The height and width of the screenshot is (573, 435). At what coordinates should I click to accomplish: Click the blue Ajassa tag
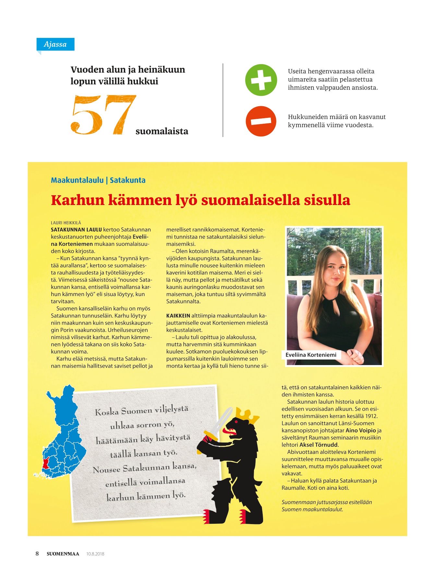tap(55, 44)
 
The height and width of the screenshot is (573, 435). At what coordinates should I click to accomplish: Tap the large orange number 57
tap(103, 115)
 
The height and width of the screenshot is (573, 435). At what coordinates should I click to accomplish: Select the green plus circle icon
tap(261, 80)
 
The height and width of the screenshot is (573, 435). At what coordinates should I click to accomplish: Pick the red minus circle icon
tap(261, 121)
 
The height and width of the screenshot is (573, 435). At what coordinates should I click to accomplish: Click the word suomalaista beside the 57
tap(162, 131)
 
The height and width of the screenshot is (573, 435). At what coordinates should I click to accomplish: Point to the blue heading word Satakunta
tap(127, 180)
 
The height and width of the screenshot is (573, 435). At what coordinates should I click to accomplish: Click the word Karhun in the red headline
tap(77, 200)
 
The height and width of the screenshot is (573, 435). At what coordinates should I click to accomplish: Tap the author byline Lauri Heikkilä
tap(66, 223)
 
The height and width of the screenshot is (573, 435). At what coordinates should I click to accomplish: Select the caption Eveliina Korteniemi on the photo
tap(311, 355)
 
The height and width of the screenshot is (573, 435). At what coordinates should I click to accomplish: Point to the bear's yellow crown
tap(248, 416)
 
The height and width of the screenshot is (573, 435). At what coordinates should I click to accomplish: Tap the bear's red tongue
tap(231, 431)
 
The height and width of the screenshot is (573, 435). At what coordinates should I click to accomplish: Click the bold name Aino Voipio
tap(360, 430)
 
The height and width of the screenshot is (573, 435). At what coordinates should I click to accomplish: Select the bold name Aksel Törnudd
tap(319, 445)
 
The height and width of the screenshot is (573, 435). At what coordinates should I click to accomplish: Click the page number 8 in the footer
tap(37, 554)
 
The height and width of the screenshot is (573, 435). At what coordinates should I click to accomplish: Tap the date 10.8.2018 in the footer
tap(95, 554)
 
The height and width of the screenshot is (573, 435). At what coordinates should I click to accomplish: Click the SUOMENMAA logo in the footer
tap(63, 554)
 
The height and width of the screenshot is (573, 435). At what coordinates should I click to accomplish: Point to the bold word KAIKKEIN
tap(178, 316)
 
